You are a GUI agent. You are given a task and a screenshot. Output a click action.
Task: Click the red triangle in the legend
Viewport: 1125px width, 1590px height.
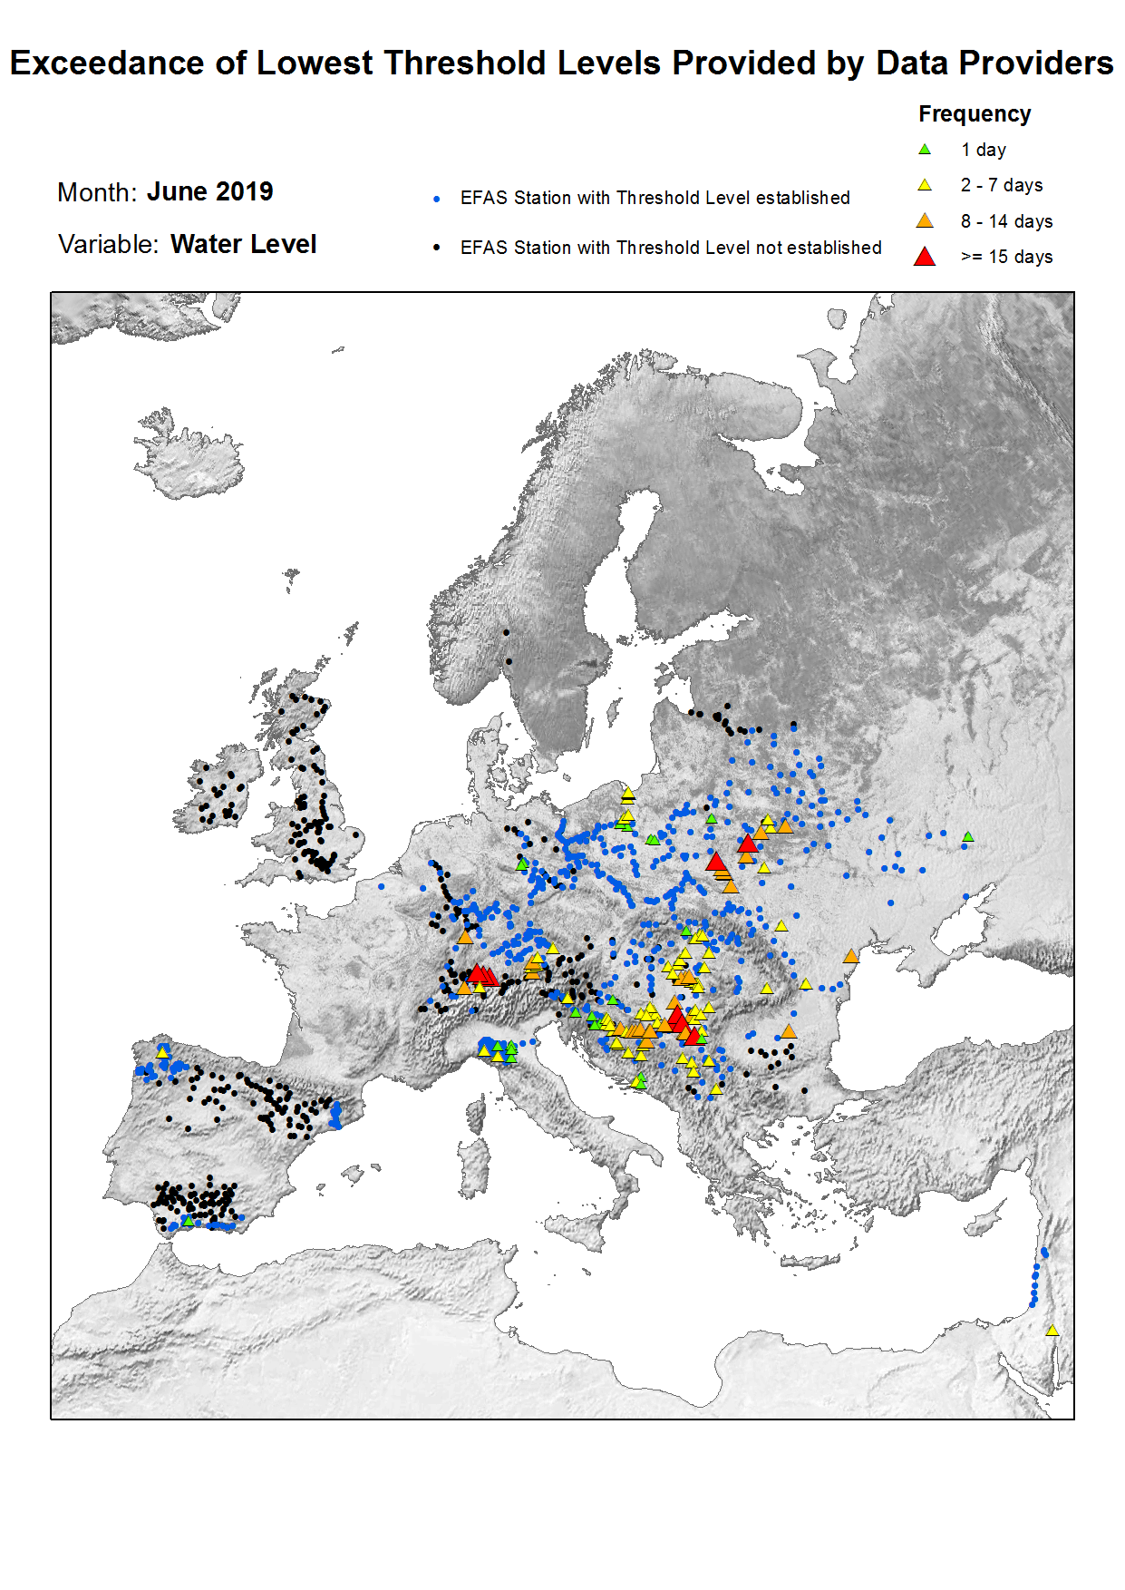(924, 257)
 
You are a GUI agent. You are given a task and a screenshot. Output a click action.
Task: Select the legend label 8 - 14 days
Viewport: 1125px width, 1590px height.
(1006, 221)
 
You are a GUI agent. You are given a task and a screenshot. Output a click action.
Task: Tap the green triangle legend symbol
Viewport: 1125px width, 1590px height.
(924, 150)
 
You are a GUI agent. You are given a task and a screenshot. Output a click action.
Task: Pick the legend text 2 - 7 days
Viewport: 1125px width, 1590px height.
(1001, 185)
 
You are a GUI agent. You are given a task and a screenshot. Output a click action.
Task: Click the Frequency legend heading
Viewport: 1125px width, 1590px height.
(974, 114)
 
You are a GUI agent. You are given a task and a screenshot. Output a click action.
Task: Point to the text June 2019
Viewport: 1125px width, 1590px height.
(209, 191)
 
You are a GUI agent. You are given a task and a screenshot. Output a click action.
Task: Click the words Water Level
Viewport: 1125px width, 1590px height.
(243, 244)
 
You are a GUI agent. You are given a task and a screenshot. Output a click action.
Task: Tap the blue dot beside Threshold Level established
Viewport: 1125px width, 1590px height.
(437, 199)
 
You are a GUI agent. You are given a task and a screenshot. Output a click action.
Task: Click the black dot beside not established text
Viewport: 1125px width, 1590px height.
(437, 248)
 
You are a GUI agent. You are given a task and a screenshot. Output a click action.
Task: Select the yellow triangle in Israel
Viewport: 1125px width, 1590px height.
(1052, 1331)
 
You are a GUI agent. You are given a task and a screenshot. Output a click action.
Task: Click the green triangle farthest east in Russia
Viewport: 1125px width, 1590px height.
(968, 836)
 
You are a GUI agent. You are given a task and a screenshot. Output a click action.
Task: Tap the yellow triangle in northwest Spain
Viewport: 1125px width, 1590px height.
(163, 1052)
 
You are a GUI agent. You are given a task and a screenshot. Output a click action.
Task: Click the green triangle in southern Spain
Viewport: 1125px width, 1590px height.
(188, 1222)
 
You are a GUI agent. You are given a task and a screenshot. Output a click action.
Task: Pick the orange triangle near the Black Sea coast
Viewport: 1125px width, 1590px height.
(850, 956)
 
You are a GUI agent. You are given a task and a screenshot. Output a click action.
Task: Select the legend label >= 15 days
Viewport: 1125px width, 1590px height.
(1006, 257)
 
